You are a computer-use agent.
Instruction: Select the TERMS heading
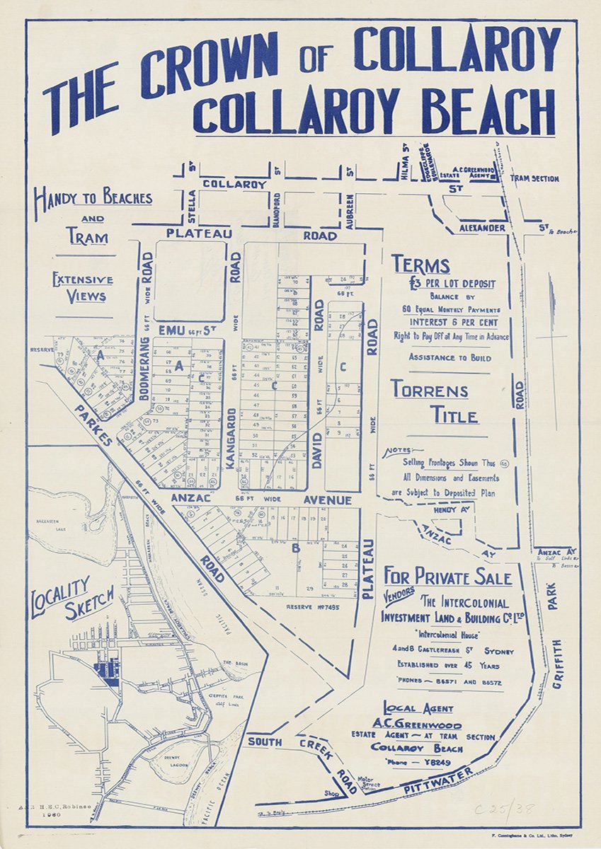point(421,265)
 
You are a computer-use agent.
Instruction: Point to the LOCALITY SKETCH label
point(71,599)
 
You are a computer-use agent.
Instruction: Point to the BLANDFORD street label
point(277,208)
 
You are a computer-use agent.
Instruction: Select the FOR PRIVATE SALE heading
point(447,577)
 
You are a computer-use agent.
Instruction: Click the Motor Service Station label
point(369,782)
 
